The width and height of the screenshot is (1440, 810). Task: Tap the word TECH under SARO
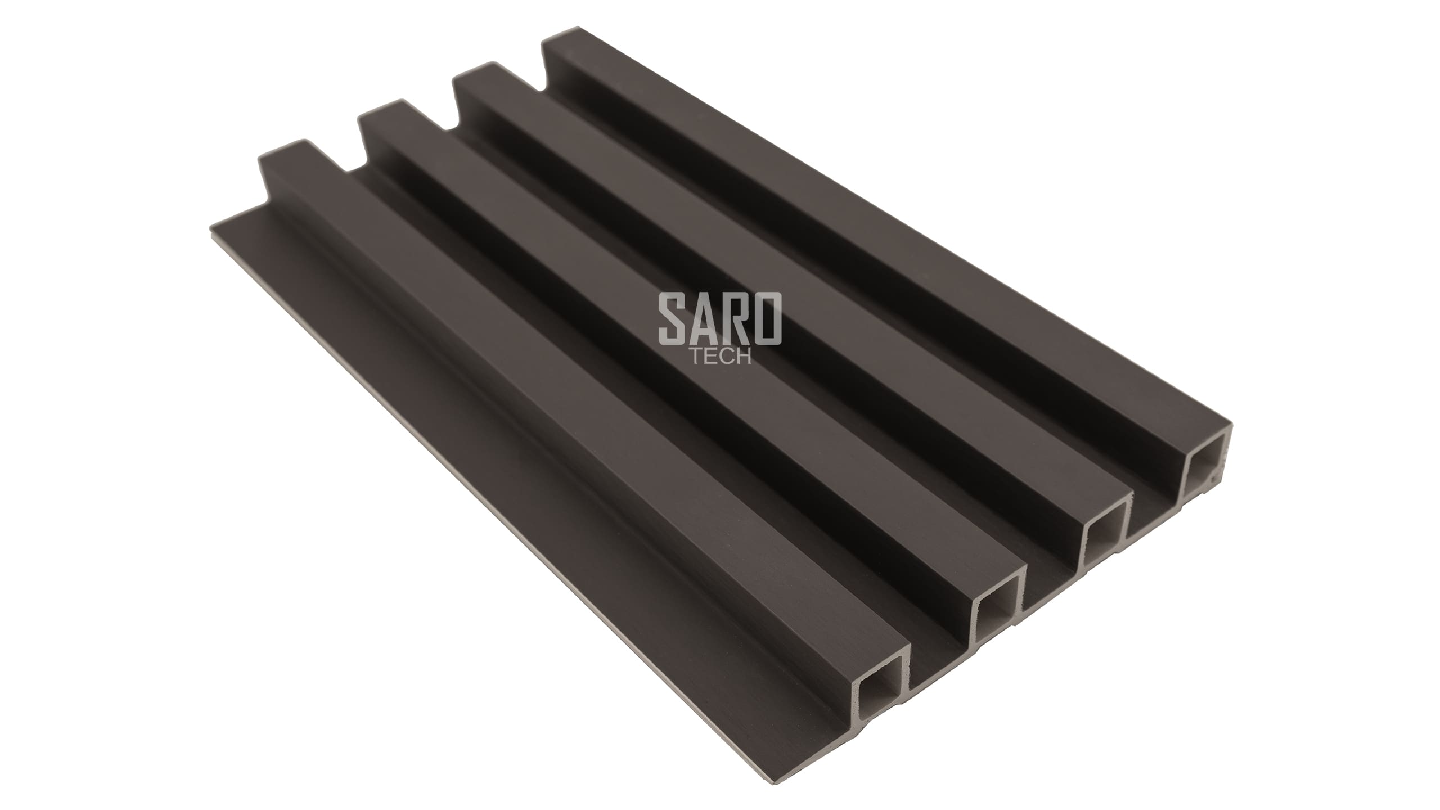[721, 357]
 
